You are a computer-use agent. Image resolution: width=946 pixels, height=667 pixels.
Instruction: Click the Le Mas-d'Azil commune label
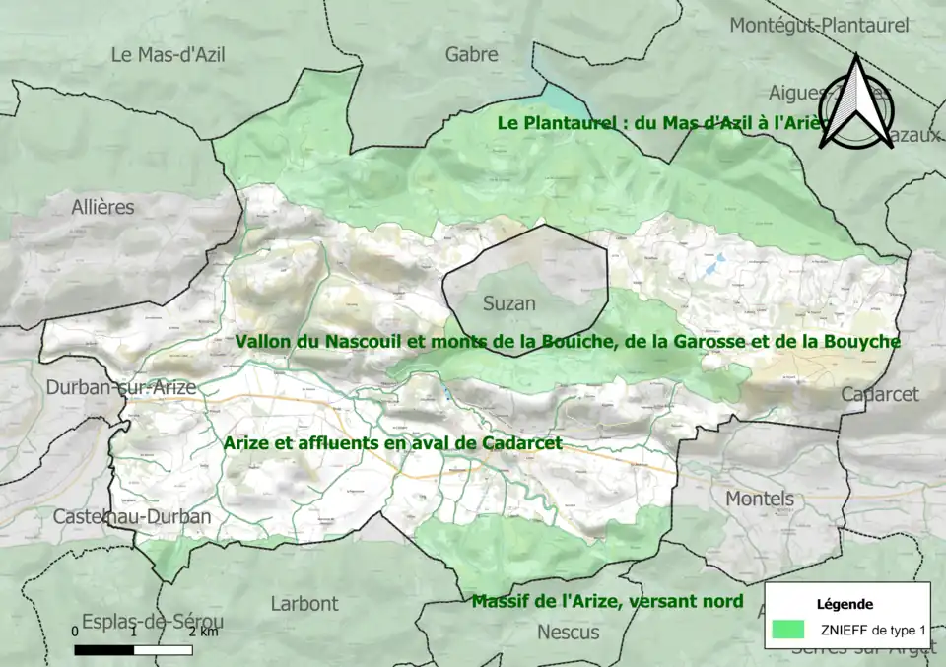click(x=168, y=55)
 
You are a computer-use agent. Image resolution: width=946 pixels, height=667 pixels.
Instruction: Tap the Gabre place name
click(x=471, y=55)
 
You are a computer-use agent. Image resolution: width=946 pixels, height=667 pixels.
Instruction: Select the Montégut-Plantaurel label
click(x=819, y=26)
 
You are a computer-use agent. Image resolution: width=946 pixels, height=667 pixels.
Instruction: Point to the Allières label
click(x=102, y=207)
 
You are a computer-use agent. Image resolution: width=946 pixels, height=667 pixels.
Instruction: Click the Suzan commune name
click(x=509, y=303)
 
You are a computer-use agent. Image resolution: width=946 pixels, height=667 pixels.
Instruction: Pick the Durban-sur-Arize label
click(x=121, y=388)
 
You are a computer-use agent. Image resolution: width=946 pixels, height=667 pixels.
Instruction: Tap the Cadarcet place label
click(x=879, y=394)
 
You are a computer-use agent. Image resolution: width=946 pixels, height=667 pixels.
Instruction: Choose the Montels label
click(x=760, y=499)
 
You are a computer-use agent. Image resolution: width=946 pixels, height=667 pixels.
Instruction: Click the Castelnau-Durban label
click(x=131, y=516)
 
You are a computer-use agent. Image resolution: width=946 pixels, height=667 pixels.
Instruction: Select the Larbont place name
click(x=304, y=603)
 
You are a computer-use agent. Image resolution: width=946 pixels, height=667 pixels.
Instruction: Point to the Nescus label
click(x=568, y=633)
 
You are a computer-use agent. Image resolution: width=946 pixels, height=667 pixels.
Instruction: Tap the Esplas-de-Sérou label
click(x=153, y=622)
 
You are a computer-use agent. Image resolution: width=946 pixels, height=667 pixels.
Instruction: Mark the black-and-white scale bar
click(x=133, y=649)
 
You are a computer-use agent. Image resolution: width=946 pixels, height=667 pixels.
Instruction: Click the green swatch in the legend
click(x=788, y=630)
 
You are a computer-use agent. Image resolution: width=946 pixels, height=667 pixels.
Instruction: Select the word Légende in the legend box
click(x=845, y=603)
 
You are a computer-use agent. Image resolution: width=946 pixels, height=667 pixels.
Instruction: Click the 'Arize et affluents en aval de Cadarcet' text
click(x=392, y=443)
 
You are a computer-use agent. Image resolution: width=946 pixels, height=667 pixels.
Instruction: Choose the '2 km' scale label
click(x=203, y=632)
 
